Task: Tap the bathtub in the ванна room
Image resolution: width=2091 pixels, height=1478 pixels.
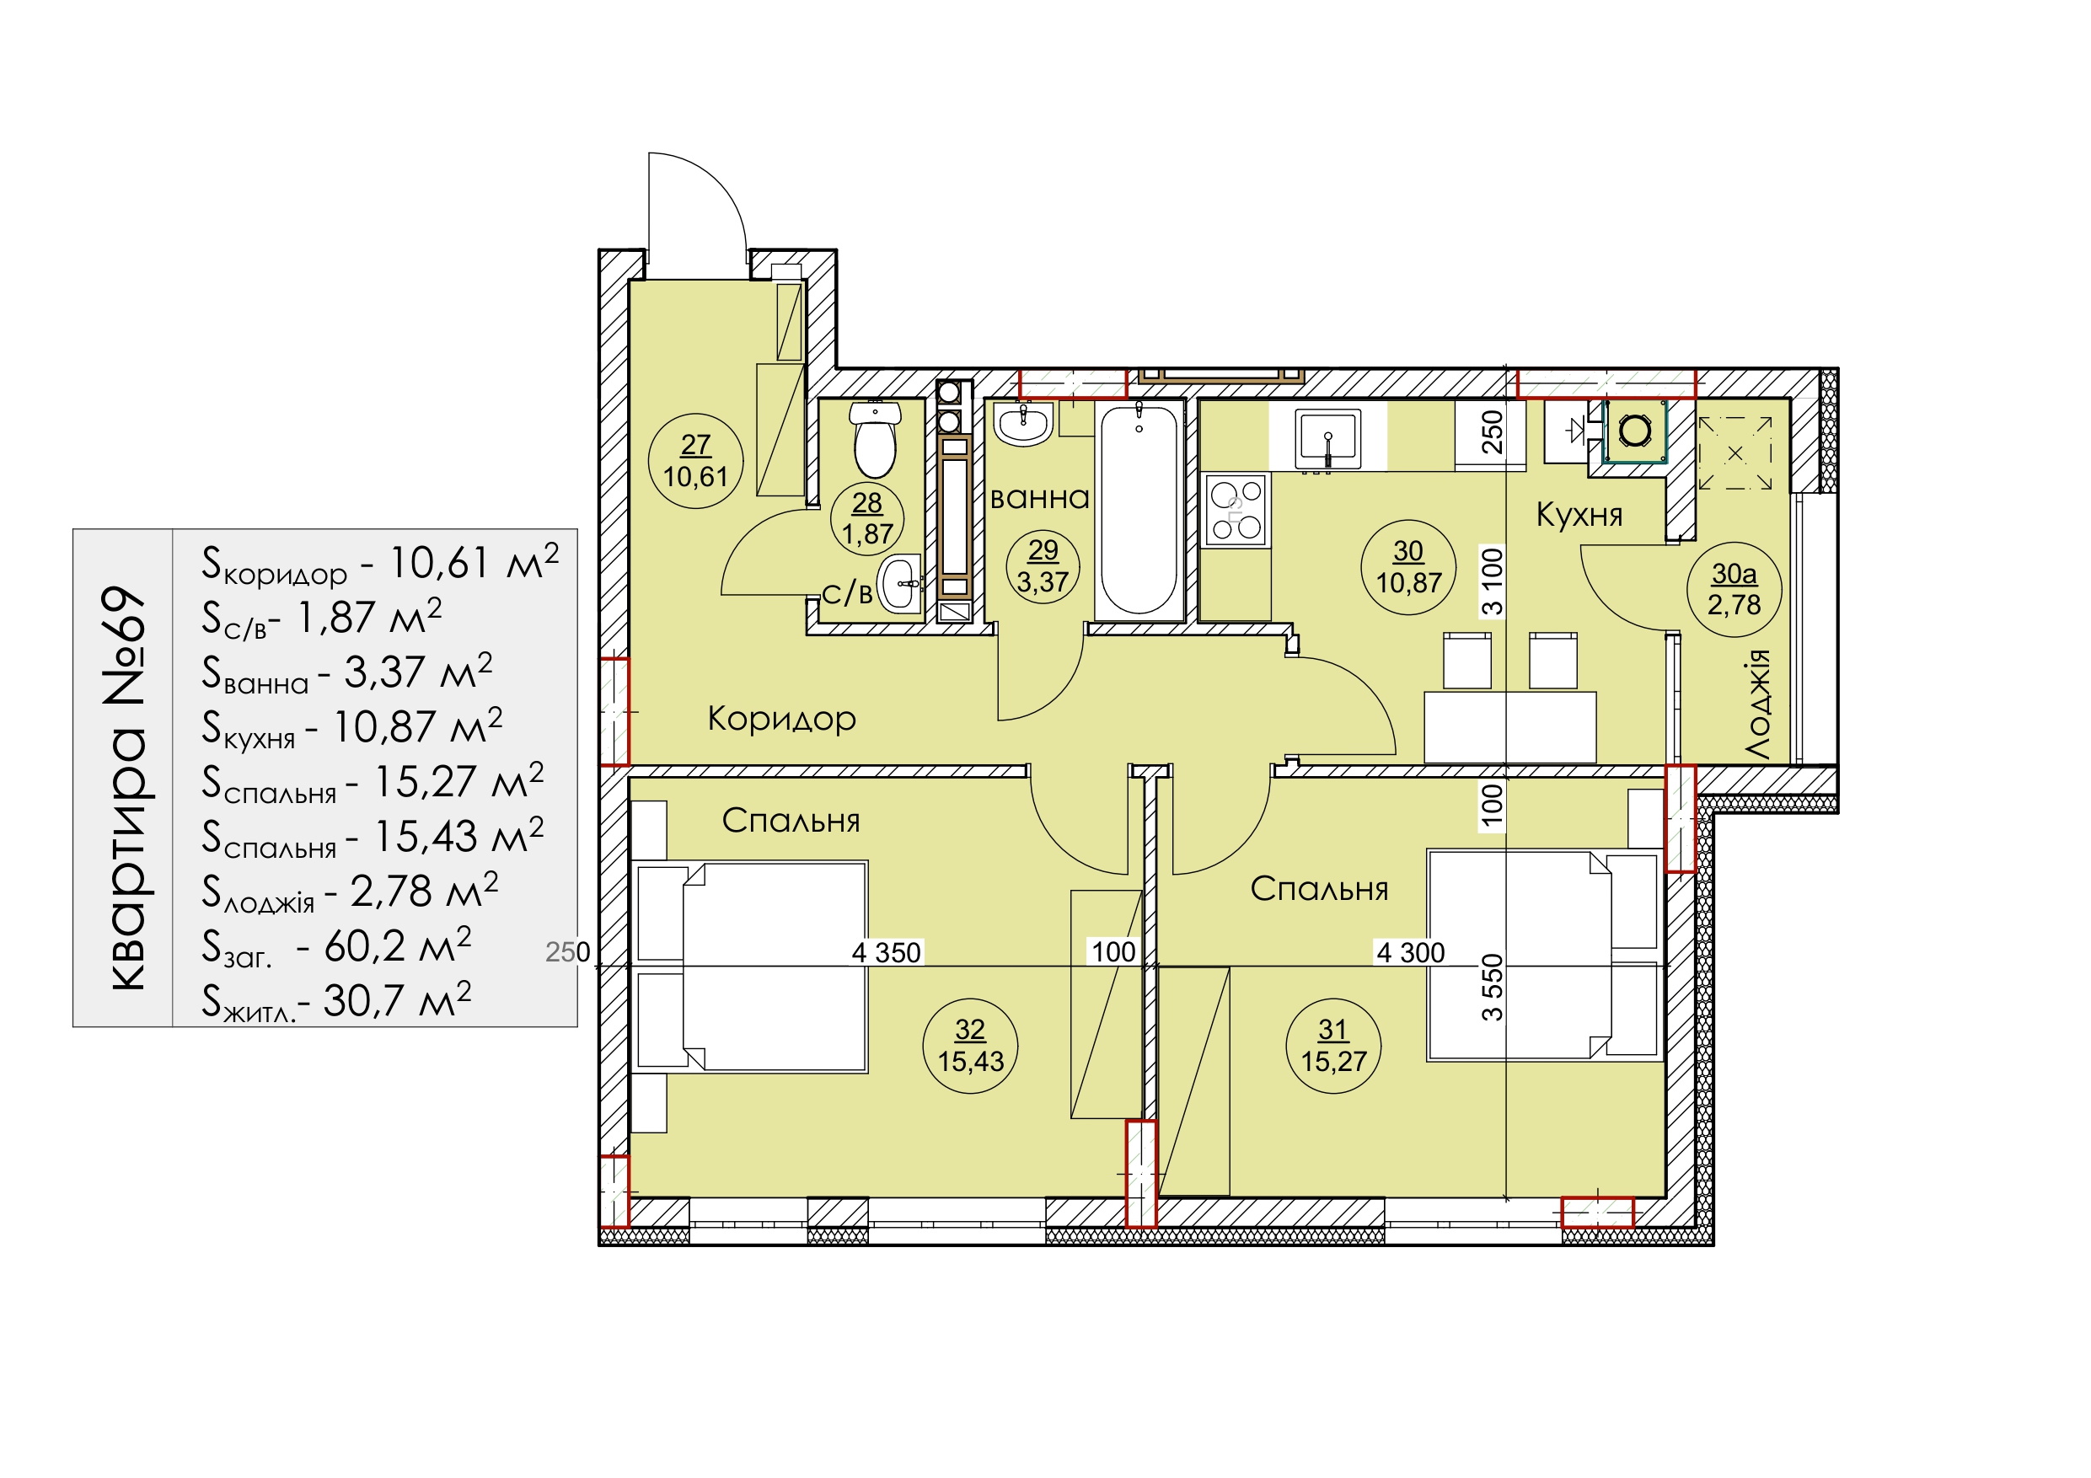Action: point(1139,511)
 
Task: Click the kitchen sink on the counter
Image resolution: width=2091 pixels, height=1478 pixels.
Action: point(1327,440)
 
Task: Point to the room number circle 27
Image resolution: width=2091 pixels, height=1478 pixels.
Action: point(696,461)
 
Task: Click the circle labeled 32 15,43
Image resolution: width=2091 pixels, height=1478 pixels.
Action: point(970,1046)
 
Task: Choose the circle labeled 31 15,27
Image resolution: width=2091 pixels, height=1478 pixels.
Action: point(1333,1046)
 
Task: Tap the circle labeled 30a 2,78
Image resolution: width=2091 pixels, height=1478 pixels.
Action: point(1734,588)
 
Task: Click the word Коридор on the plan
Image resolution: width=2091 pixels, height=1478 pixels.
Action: point(782,719)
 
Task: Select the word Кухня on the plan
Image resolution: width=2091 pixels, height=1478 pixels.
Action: point(1579,515)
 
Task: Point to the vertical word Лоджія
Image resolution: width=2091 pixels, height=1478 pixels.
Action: point(1758,704)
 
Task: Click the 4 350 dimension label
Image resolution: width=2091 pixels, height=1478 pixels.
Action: point(886,952)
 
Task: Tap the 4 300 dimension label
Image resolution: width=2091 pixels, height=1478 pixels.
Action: point(1410,952)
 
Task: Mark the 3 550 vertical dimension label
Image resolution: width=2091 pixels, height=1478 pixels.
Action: point(1492,987)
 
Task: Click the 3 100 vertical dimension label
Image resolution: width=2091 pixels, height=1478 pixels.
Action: point(1492,581)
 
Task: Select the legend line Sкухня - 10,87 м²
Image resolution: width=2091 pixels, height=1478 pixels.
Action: point(351,726)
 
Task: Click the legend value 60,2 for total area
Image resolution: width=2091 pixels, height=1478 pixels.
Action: point(365,946)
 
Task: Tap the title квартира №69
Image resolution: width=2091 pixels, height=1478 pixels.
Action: point(124,789)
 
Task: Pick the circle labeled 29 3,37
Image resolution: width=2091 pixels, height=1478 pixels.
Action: point(1043,566)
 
